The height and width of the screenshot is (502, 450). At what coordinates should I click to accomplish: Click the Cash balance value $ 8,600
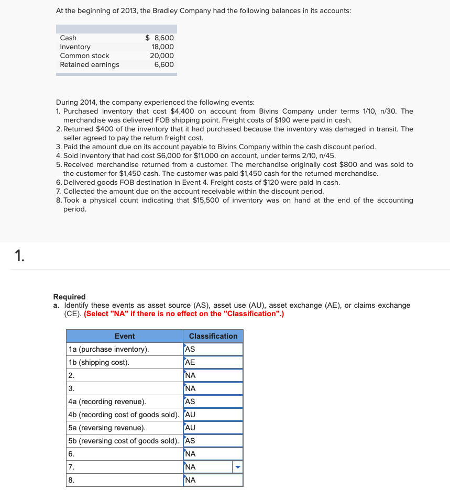point(159,38)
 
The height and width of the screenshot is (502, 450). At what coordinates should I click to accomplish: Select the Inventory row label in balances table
point(75,47)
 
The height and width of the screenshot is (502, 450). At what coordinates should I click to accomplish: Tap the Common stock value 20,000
point(162,55)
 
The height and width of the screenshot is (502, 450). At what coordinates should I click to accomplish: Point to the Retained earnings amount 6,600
point(164,64)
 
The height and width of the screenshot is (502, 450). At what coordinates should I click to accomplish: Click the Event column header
point(124,336)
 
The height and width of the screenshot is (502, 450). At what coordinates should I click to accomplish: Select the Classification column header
point(213,336)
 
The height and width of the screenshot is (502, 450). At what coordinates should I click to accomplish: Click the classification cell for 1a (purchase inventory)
point(213,349)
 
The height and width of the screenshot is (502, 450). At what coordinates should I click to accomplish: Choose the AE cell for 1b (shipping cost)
point(213,362)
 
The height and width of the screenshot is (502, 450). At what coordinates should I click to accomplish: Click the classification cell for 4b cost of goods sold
point(213,415)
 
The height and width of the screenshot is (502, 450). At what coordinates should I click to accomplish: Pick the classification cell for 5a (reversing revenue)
point(213,428)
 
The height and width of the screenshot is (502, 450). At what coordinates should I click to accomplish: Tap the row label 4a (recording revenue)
point(107,401)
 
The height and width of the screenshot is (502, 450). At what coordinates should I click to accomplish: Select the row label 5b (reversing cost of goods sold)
point(124,441)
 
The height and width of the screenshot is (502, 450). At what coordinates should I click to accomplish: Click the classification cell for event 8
point(213,480)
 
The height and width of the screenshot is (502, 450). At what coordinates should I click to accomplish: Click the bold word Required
point(69,297)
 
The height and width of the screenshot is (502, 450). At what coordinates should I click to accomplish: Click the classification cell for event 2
point(213,375)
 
